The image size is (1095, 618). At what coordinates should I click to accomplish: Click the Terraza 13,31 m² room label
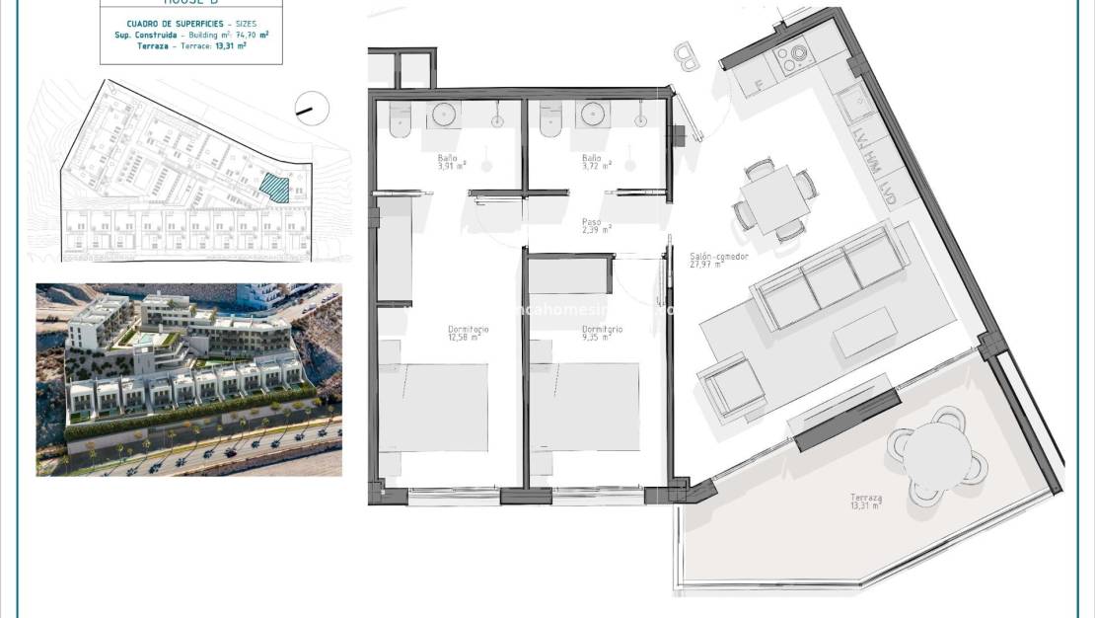tap(866, 502)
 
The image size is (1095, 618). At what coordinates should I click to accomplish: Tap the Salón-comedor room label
tap(718, 261)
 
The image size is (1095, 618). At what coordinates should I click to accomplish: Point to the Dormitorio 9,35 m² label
tap(601, 334)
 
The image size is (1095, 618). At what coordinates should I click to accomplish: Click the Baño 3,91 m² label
tap(452, 162)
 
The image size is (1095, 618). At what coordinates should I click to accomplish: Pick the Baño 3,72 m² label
tap(594, 162)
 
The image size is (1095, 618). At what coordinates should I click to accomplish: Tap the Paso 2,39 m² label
tap(595, 226)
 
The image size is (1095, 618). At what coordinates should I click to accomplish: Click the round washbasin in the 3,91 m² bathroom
tap(446, 113)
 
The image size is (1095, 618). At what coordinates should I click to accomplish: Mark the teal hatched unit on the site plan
tap(275, 187)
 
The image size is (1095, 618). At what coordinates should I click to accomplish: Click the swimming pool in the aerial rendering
tap(145, 339)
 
